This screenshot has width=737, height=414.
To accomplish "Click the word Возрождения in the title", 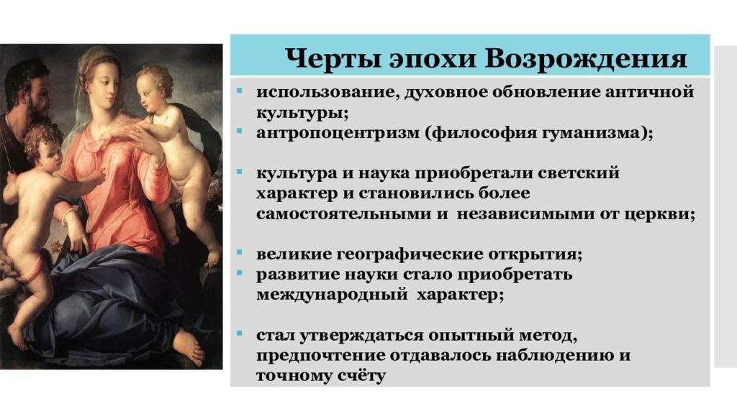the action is tap(586, 60).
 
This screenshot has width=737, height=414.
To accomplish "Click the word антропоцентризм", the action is tap(338, 134).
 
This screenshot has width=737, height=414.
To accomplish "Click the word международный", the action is tap(332, 295).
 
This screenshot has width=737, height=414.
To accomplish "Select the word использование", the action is tap(323, 92).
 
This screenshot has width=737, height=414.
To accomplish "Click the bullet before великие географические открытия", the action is tap(239, 252).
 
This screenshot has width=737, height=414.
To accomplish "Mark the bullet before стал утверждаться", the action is tap(239, 333).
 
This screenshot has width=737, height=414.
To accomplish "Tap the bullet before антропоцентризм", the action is tap(239, 131).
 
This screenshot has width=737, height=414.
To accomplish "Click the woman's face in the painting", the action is tap(104, 88).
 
